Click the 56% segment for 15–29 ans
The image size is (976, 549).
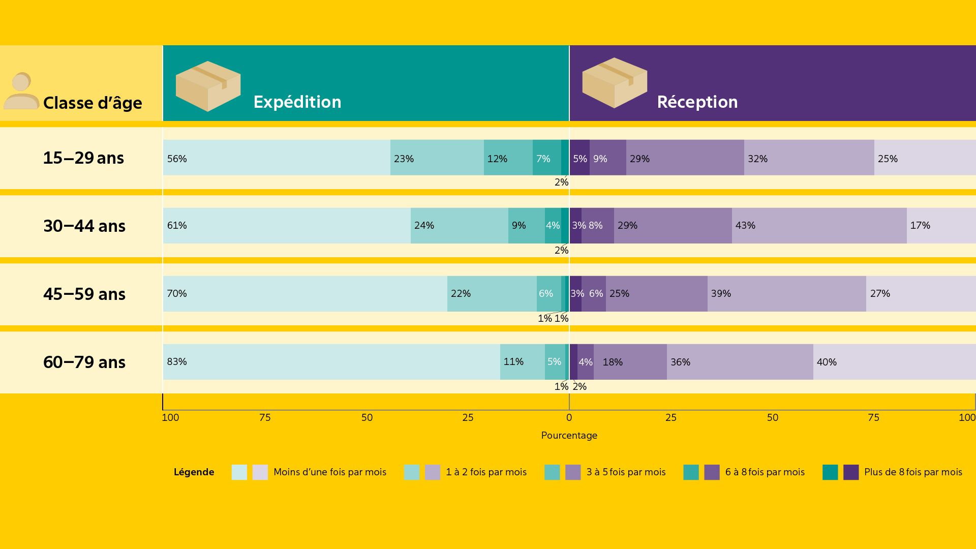277,158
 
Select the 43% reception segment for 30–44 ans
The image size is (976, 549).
819,225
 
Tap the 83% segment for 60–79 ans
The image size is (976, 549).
331,361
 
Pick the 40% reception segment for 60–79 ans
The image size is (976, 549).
894,361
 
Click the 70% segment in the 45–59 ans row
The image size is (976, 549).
305,293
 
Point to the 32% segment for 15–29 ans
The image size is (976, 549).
809,158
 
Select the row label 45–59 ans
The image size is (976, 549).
84,294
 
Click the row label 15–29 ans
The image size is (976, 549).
83,158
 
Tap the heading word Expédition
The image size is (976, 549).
297,102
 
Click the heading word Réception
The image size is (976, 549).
697,102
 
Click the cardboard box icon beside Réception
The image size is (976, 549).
614,82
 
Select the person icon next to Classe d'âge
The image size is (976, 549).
21,91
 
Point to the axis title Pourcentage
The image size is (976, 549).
569,435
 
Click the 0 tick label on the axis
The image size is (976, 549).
569,417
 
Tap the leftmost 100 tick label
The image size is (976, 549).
170,417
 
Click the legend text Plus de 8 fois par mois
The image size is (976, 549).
913,472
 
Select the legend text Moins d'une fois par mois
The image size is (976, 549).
329,472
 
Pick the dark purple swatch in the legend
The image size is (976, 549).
851,472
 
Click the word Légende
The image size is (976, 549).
194,472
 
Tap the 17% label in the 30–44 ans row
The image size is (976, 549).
920,225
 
